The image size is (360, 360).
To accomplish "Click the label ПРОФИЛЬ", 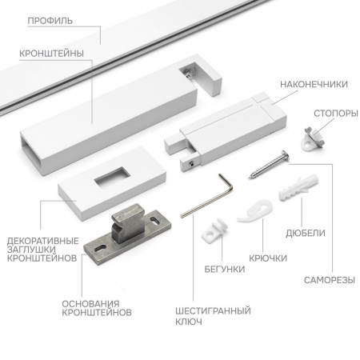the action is point(50,21).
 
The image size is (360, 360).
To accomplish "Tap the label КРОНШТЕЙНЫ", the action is point(52,54).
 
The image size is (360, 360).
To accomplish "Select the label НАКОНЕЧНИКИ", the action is point(314,84).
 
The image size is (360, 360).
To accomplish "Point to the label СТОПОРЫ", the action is point(336,114).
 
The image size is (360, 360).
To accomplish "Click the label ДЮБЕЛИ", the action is point(306,233).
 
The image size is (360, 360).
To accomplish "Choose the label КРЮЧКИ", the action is point(268,258).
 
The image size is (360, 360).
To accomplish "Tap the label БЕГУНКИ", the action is point(225,269).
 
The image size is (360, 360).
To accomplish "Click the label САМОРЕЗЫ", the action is point(330,280).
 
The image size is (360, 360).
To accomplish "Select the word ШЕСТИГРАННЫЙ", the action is point(213,310).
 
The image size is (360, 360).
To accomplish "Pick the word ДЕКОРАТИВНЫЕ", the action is point(43,241).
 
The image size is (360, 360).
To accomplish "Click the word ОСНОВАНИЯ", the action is point(90,304).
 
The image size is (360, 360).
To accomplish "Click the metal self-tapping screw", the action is point(269,164).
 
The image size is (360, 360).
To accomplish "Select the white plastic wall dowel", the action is point(298,187).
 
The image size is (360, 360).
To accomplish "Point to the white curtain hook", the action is point(255,211).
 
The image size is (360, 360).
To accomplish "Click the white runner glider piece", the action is point(214,230).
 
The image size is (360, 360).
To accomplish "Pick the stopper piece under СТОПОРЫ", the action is point(313,139).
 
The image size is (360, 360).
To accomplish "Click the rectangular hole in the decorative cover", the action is point(112,177).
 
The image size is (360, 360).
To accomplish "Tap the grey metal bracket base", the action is point(127,233).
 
